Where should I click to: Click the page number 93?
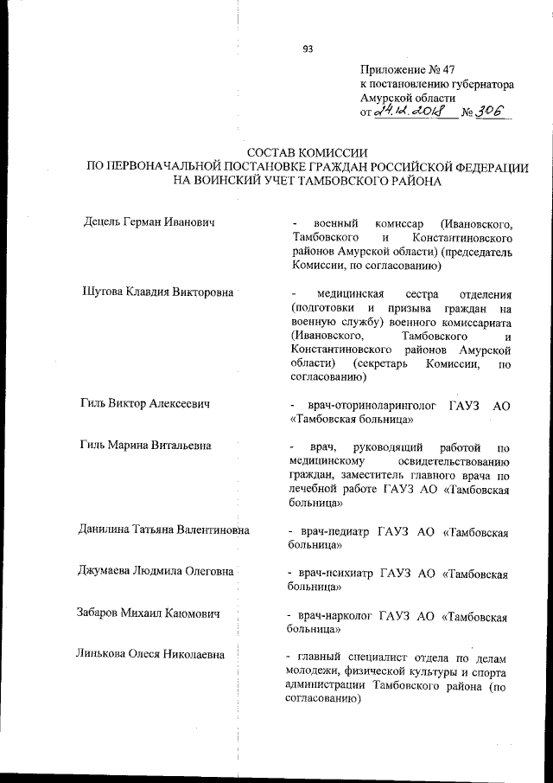[x=307, y=48]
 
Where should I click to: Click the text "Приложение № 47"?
[x=403, y=69]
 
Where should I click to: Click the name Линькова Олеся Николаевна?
[x=149, y=655]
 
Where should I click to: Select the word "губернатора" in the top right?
[x=477, y=85]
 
